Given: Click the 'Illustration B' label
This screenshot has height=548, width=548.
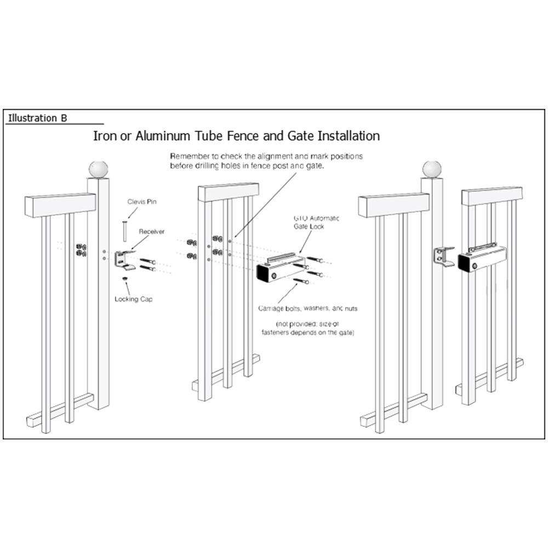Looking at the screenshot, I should tap(37, 118).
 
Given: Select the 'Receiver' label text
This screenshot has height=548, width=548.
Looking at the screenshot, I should tap(152, 232).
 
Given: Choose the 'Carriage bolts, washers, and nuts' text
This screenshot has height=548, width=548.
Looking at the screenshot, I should tap(307, 309).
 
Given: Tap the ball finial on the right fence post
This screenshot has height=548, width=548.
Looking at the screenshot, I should tap(431, 169).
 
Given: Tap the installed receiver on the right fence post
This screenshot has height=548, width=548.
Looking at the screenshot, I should tap(442, 256).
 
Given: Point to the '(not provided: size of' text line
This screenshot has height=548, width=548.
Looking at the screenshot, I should tap(307, 324).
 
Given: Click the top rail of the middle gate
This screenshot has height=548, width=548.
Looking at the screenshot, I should tap(229, 192).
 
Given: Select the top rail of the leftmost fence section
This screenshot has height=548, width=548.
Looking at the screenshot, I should tap(60, 204).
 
